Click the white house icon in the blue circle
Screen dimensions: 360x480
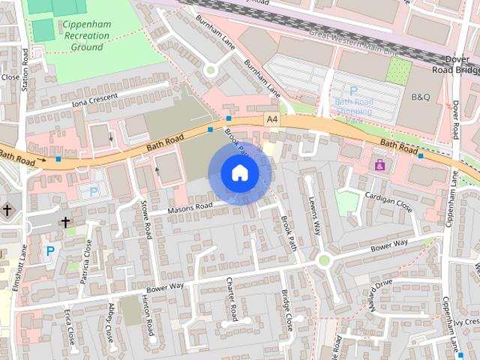(239, 173)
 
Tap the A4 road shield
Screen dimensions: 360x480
(271, 119)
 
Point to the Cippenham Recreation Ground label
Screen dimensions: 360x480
(87, 36)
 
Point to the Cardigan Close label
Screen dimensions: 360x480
(389, 202)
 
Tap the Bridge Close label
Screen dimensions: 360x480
(288, 310)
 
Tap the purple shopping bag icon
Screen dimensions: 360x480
(379, 164)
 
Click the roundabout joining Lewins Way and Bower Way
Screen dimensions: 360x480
(324, 260)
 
